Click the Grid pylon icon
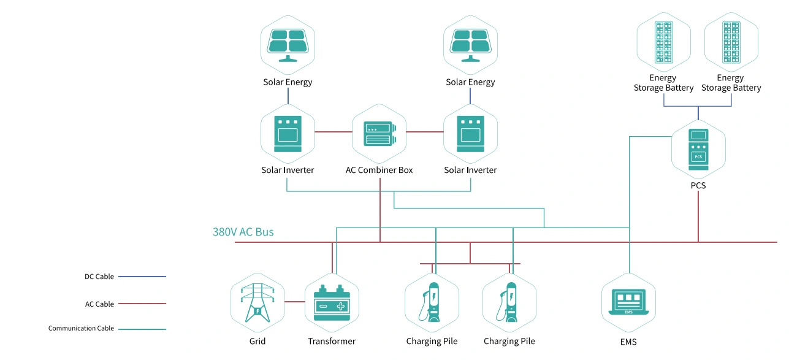pos(257,302)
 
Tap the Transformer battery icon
pos(332,302)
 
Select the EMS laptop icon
pos(629,302)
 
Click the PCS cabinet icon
pos(698,150)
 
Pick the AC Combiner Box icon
pos(379,134)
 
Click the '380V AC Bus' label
pos(243,232)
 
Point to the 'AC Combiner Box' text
pos(379,170)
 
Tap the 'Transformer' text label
pos(332,341)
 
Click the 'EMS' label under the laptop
pos(628,342)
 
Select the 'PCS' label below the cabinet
pos(698,185)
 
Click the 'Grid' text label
pos(257,341)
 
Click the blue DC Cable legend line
pos(142,277)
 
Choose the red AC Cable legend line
pos(142,304)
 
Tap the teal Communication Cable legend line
pos(142,329)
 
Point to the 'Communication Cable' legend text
pos(81,328)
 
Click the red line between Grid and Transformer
pos(295,302)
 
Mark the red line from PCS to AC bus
pos(698,216)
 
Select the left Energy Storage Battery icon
pos(663,42)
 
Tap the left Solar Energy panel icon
pos(288,45)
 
